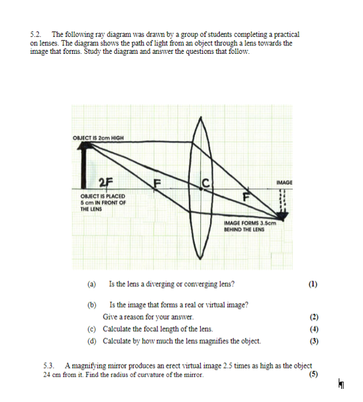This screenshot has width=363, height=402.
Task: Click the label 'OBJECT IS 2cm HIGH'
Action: pyautogui.click(x=98, y=137)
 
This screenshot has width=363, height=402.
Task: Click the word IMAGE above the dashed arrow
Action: pyautogui.click(x=284, y=182)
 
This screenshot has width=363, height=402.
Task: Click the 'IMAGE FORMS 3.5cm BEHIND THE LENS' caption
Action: pyautogui.click(x=252, y=227)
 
